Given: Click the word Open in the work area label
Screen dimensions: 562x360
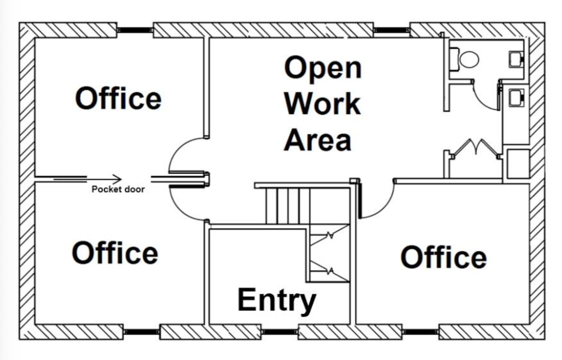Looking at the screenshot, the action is [323, 68].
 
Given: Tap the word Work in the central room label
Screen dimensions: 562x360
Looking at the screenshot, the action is [323, 103].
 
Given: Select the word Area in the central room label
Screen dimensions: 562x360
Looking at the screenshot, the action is [317, 139].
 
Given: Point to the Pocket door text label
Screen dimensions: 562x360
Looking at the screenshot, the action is [118, 189].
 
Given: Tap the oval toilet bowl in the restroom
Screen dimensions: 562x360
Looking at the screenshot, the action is [469, 60].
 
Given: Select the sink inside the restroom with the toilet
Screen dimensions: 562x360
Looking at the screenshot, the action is [516, 59].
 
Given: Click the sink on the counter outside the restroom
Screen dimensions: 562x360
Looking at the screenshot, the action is [516, 97].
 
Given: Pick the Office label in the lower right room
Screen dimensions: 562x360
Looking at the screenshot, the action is [444, 257].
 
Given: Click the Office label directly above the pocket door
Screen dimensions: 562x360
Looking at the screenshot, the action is [118, 98].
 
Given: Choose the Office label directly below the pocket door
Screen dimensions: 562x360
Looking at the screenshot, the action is [115, 252].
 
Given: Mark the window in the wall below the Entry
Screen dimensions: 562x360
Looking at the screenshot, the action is [280, 332].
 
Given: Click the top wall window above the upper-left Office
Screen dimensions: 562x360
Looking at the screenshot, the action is [135, 30].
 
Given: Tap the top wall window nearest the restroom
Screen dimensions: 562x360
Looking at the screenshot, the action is [392, 30].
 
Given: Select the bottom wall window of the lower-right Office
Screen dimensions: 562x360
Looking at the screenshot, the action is [420, 332].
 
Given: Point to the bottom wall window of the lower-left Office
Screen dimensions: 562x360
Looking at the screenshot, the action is [141, 332].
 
